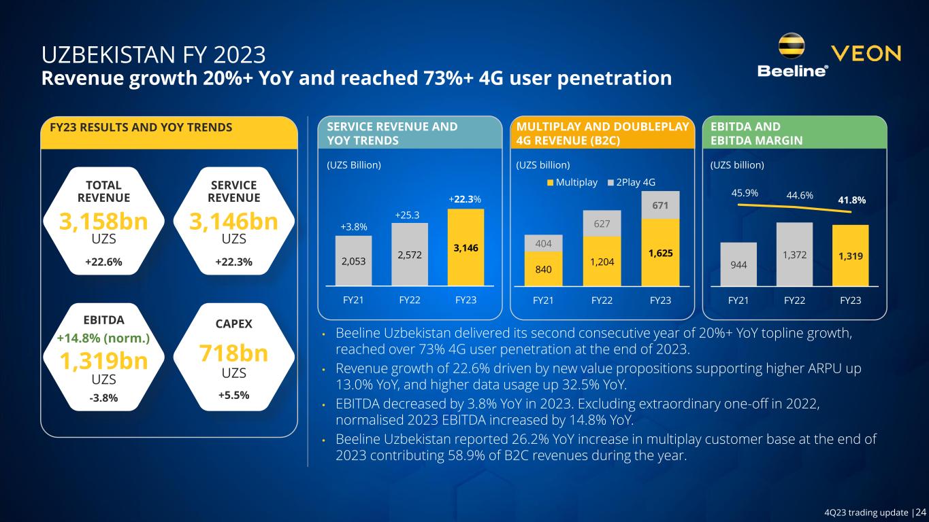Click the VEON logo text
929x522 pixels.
pos(866,54)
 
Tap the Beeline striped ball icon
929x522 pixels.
pos(793,47)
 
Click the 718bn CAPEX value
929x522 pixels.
pos(233,354)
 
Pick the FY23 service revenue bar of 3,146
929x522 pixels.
pos(466,247)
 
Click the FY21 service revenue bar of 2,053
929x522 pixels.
pos(353,261)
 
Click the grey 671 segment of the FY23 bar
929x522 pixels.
pos(659,205)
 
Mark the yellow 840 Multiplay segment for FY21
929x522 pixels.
pos(542,269)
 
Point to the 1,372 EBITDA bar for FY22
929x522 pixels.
pos(794,254)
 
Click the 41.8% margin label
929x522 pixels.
pos(851,201)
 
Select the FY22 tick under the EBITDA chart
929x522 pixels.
pos(794,300)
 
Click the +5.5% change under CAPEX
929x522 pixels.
pos(233,394)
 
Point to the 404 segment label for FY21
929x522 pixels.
pos(542,243)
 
